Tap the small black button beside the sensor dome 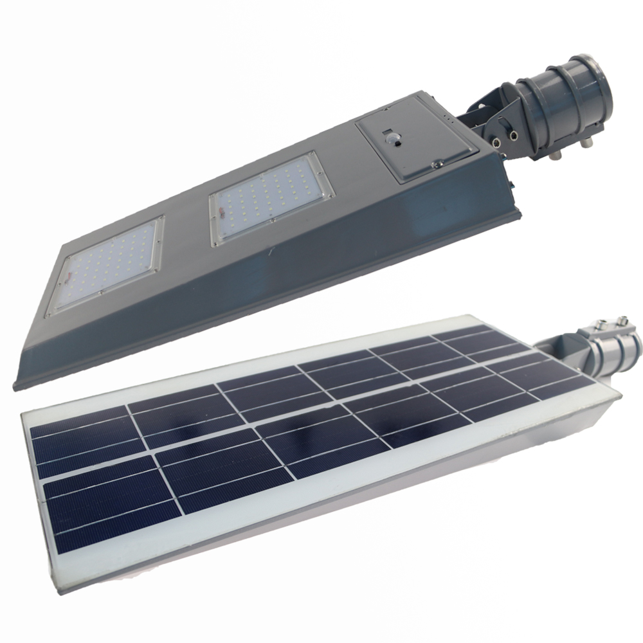point(401,143)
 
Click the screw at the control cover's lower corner point(437,166)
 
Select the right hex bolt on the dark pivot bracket point(514,135)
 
